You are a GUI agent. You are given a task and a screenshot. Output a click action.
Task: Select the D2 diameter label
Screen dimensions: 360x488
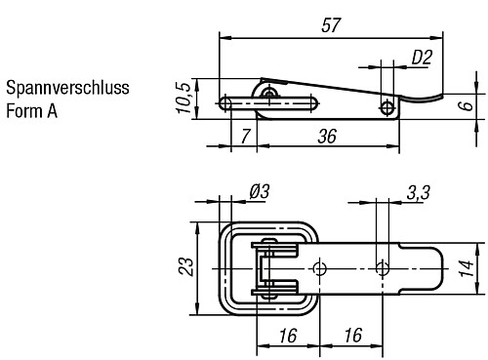(421, 58)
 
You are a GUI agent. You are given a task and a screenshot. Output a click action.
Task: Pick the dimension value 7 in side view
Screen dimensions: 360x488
(244, 138)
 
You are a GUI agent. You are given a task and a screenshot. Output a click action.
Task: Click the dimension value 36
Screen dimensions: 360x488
(326, 138)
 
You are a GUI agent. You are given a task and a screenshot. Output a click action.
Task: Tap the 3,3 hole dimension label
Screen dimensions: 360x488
(419, 192)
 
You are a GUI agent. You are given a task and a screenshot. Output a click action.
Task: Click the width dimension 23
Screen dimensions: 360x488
(182, 266)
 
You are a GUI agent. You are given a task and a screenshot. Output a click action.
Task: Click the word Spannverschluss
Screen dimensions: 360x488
(67, 90)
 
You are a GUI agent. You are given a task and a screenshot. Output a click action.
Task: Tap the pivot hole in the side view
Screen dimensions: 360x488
(269, 92)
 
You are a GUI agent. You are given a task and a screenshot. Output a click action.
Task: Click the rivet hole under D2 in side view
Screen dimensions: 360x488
(388, 106)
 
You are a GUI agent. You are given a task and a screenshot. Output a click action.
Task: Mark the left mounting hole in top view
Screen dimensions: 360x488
(320, 266)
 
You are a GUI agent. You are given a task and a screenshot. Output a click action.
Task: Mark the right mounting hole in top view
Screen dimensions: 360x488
(385, 266)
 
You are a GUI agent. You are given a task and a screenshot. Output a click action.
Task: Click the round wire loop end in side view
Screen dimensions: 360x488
(226, 102)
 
